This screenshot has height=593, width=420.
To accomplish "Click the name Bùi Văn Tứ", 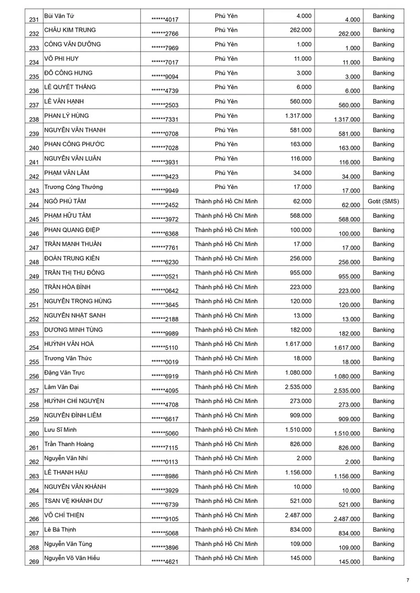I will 60,16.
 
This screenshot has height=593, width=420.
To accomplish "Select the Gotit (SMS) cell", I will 383,202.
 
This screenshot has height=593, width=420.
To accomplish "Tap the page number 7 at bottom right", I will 408,580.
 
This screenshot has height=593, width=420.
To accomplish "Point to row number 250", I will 34,291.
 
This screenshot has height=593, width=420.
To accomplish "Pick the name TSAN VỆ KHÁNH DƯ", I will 74,501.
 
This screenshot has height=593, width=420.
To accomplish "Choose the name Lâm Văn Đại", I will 62,387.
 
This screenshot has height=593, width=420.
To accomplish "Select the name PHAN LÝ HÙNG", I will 67,116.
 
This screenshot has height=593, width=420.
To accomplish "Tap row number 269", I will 34,562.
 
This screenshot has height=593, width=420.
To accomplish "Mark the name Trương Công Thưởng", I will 73,187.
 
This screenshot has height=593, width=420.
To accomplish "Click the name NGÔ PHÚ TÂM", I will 65,202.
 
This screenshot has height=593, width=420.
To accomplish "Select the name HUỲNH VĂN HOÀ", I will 69,344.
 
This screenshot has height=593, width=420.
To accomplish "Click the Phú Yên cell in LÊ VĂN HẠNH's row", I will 226,102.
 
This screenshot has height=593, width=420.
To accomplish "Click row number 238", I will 34,120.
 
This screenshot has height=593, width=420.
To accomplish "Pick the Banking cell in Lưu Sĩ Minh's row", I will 383,430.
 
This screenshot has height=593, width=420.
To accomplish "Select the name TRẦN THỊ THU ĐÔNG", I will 74,273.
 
